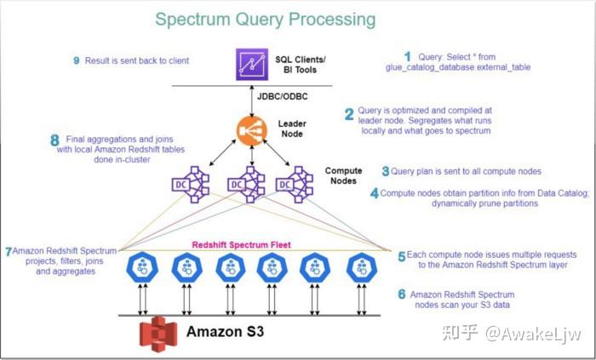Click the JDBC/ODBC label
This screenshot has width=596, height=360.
click(x=282, y=97)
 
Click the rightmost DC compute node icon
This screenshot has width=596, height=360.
click(x=295, y=183)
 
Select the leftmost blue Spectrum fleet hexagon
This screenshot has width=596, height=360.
click(x=140, y=269)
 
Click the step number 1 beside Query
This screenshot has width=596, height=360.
click(x=406, y=57)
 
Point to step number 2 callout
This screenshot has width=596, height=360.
click(x=348, y=114)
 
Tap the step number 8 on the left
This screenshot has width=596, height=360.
click(x=54, y=140)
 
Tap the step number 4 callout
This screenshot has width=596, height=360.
click(x=375, y=193)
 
